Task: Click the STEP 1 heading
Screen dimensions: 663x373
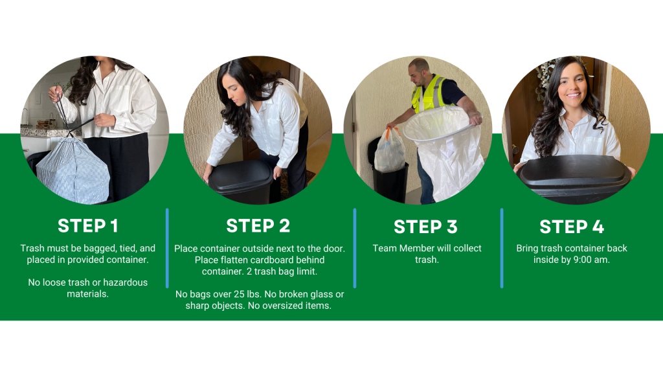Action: pyautogui.click(x=88, y=226)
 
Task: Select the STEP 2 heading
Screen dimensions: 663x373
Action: pyautogui.click(x=258, y=226)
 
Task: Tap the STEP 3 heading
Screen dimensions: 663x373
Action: pyautogui.click(x=425, y=227)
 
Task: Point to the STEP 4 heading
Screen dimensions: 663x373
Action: pyautogui.click(x=572, y=227)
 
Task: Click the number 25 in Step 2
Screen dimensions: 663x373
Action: pyautogui.click(x=239, y=295)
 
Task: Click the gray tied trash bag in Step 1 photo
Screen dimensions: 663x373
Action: pyautogui.click(x=73, y=170)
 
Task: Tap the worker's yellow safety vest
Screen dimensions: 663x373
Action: pyautogui.click(x=431, y=95)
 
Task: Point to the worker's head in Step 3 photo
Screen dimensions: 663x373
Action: pyautogui.click(x=419, y=71)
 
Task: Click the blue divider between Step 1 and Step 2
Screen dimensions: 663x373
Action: pyautogui.click(x=168, y=248)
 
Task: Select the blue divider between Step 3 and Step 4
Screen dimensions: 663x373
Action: pyautogui.click(x=502, y=248)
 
